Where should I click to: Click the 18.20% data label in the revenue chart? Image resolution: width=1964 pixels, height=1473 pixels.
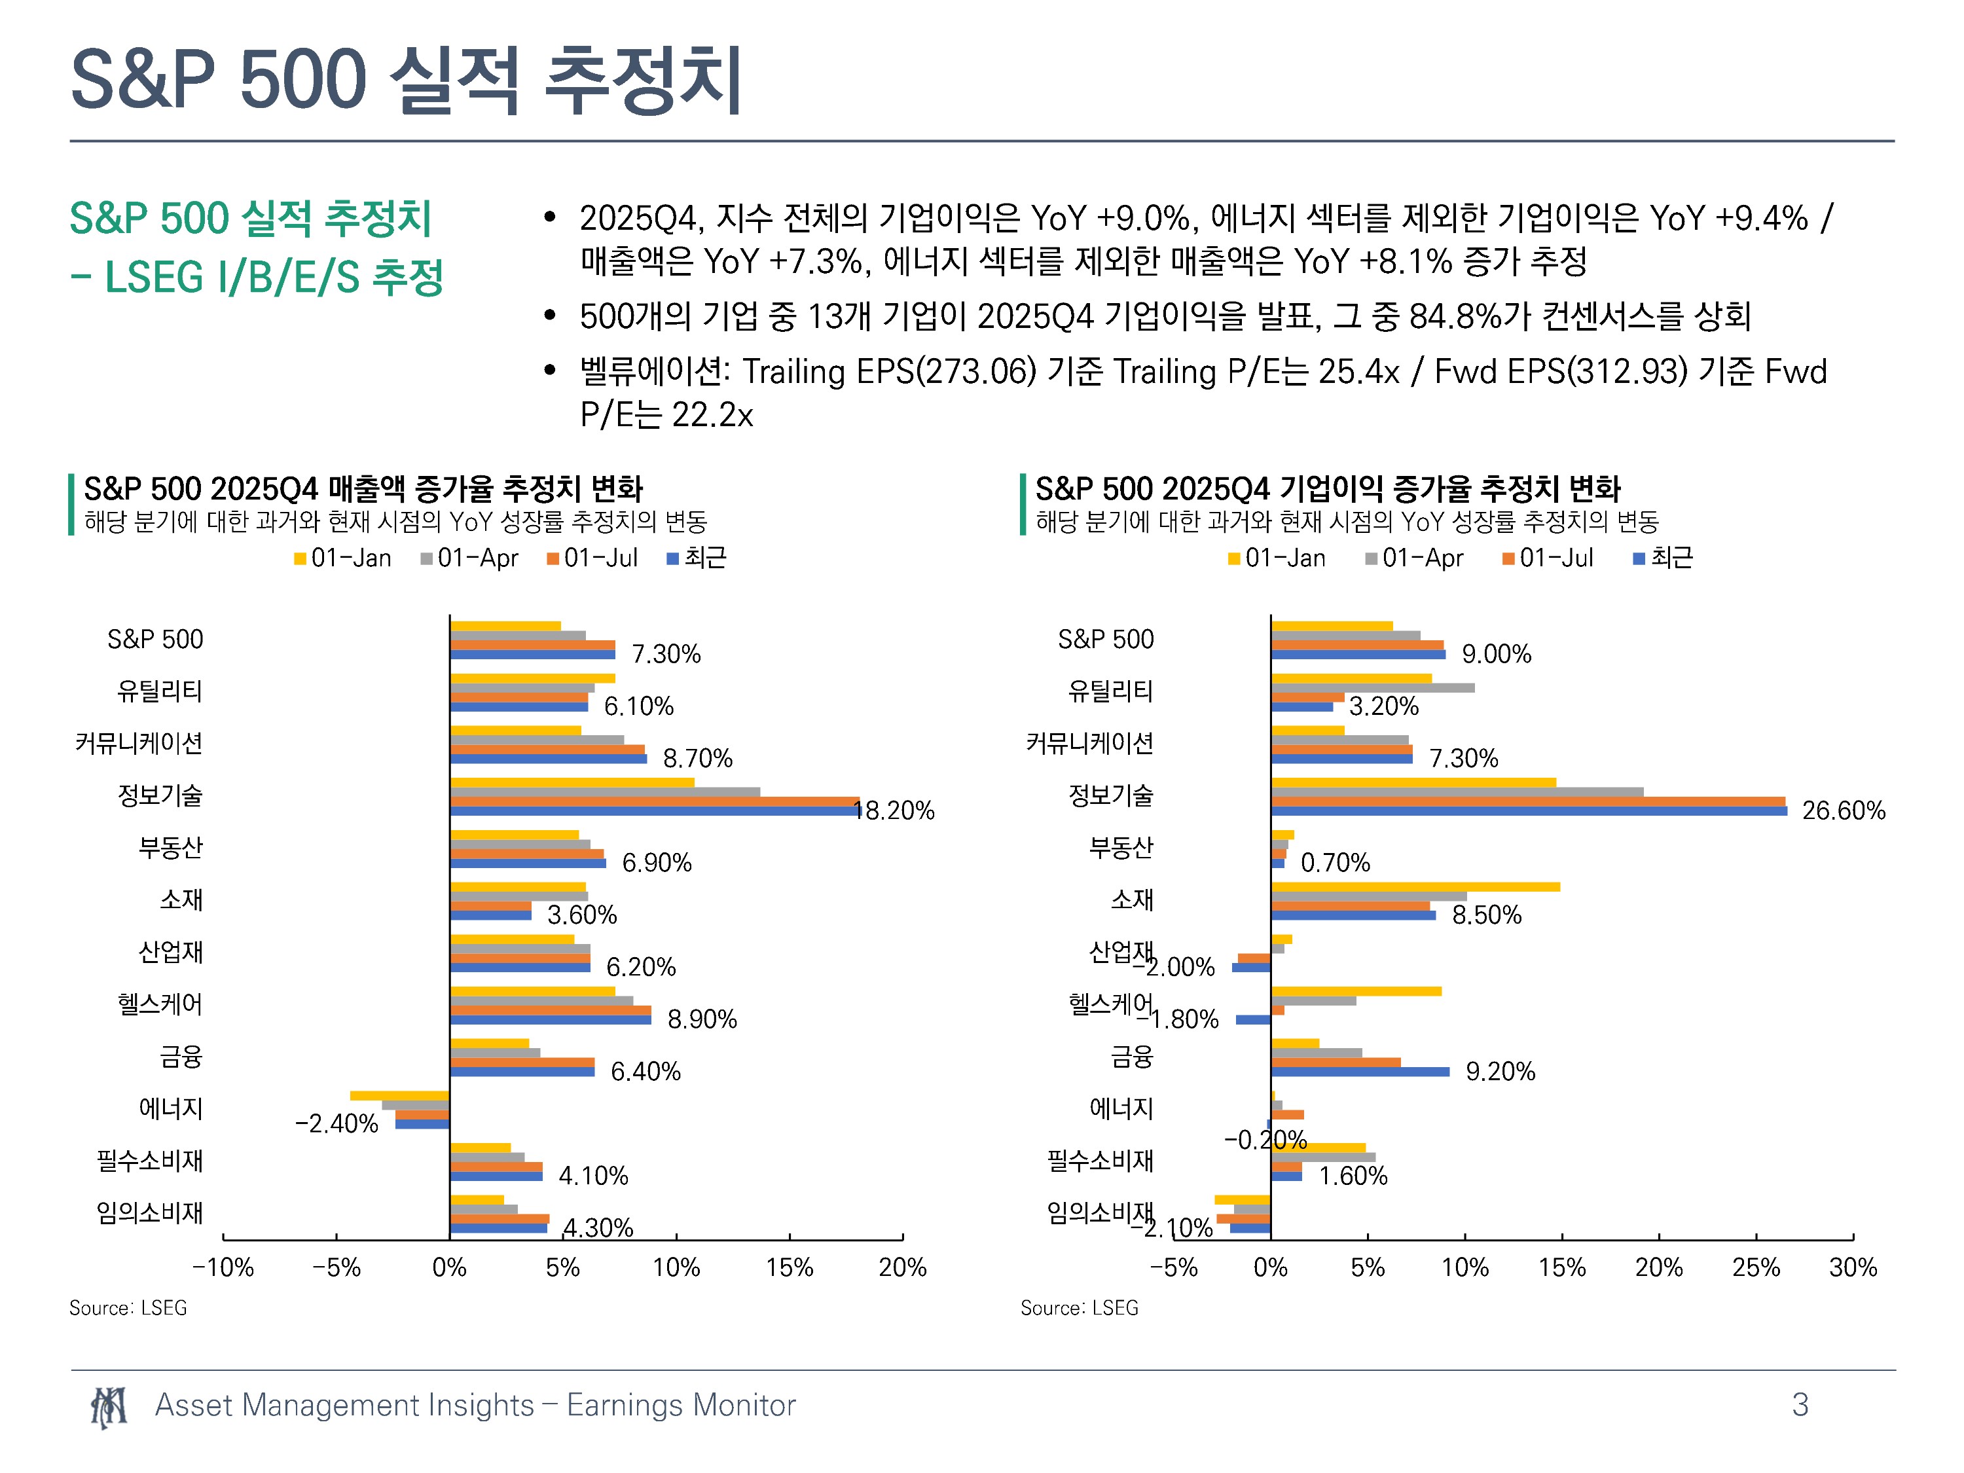[x=894, y=810]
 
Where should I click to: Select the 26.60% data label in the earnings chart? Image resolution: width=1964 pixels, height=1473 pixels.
[x=1844, y=810]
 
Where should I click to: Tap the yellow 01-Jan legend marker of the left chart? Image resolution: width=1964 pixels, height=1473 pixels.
[x=300, y=558]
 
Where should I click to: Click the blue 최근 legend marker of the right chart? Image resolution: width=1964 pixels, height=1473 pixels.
[x=1639, y=558]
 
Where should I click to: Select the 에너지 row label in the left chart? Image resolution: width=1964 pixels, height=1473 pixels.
[x=172, y=1108]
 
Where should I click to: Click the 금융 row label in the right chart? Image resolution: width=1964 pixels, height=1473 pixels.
[x=1132, y=1057]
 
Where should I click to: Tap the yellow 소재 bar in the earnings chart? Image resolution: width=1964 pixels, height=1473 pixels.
[x=1415, y=887]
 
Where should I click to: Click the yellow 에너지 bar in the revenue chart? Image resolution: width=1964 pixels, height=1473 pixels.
[x=399, y=1096]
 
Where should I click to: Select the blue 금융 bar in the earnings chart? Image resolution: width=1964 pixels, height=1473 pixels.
[x=1360, y=1072]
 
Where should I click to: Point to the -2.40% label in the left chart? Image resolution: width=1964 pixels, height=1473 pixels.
[x=336, y=1124]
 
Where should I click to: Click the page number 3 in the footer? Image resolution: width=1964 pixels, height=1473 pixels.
[x=1800, y=1405]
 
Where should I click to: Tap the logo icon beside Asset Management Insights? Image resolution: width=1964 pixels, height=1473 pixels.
[x=108, y=1406]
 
